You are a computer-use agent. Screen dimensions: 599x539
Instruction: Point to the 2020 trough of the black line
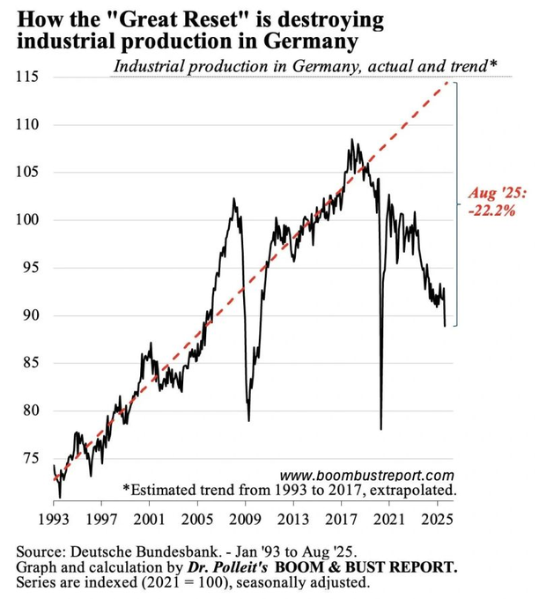click(x=381, y=429)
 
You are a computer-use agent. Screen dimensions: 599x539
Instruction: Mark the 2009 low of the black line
click(x=248, y=420)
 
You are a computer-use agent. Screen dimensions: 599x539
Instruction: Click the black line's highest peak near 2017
click(x=351, y=139)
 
